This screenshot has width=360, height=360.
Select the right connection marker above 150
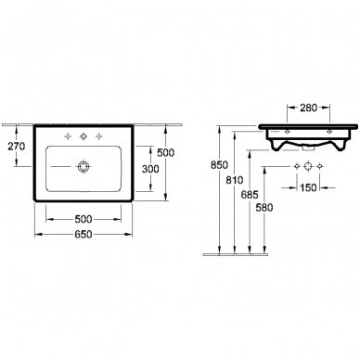pyautogui.click(x=322, y=168)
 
